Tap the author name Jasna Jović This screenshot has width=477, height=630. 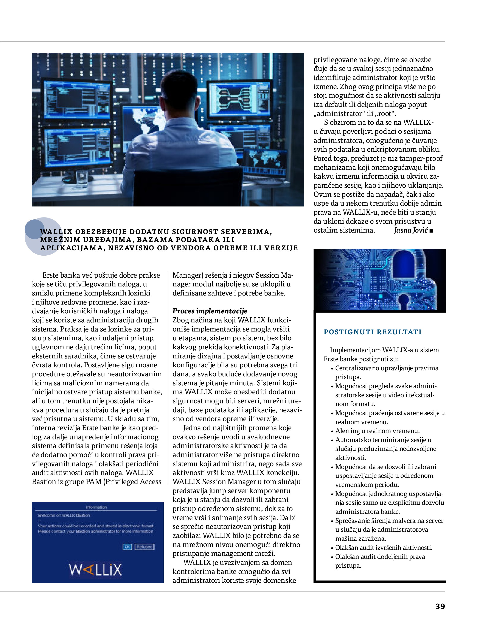pos(411,230)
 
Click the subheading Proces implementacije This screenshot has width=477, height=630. pos(210,311)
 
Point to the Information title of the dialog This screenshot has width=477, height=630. pos(96,507)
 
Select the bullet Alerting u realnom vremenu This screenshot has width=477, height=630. pos(377,431)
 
